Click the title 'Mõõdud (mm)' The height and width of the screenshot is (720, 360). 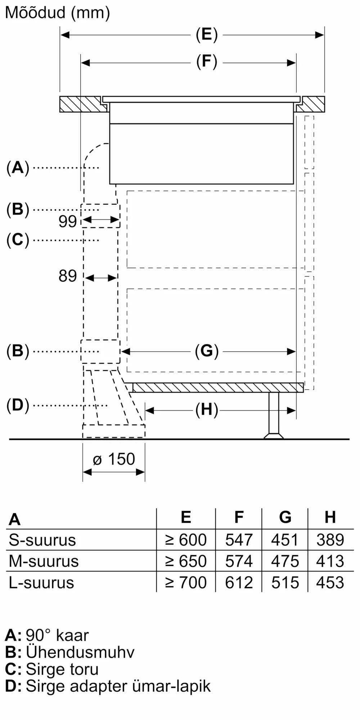coord(58,13)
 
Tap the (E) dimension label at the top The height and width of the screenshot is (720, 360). coord(207,35)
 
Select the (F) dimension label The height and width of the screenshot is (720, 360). coord(207,62)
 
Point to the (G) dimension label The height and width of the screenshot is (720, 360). coord(207,351)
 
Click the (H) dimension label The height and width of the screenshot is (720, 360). coord(207,410)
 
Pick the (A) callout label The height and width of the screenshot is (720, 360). coord(18,168)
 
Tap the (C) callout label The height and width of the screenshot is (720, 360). coord(18,240)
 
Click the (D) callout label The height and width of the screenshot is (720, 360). coord(18,405)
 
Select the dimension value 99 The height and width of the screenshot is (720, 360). coord(68,221)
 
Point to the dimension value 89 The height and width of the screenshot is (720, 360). coord(68,276)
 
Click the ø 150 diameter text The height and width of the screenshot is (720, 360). coord(114,459)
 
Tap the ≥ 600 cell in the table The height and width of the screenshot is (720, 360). coord(186,540)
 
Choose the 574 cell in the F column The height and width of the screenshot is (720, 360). coord(239,561)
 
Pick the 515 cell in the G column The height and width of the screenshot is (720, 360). coord(285,582)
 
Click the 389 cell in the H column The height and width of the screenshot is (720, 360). coord(330,540)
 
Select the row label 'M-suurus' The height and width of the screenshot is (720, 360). coord(44,561)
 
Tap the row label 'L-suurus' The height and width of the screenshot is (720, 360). coord(41,582)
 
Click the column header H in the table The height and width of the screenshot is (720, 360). coord(330,517)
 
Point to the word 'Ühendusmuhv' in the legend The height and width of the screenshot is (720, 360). coord(80,652)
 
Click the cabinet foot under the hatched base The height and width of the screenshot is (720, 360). coord(274,416)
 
